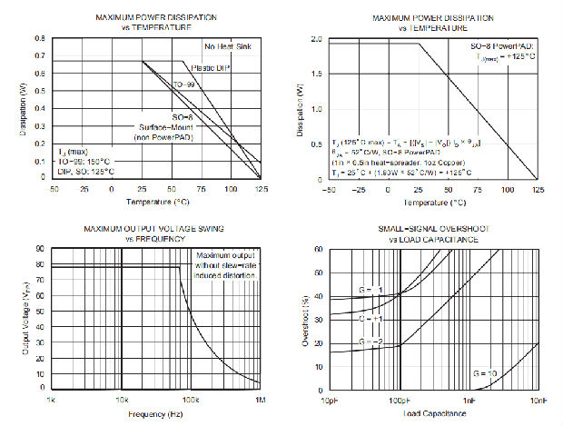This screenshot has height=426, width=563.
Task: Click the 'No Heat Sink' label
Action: [226, 47]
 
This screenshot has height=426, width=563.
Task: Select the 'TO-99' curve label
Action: [184, 84]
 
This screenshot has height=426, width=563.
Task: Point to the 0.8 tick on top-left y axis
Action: [39, 39]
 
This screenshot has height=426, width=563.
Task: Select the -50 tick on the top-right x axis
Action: [329, 190]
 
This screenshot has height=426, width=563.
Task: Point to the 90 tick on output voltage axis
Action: [41, 248]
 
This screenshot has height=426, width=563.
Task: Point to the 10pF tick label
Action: [329, 401]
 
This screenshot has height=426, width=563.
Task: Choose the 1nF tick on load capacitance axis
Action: [469, 401]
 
